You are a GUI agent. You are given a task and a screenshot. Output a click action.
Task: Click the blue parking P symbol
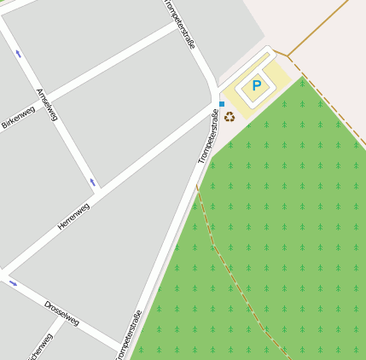256,86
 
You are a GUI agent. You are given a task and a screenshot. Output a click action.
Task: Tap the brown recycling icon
229,116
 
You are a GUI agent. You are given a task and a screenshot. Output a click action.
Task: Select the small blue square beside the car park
222,104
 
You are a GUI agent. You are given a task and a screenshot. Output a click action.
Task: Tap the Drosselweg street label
61,312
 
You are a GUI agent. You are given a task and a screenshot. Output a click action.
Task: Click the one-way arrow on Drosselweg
13,283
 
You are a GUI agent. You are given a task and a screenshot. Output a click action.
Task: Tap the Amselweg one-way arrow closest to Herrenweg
92,182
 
